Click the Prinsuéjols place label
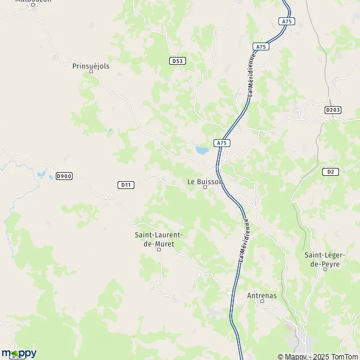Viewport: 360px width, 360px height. click(91, 66)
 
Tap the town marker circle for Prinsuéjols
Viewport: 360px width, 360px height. click(91, 71)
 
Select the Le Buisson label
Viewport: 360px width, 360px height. click(205, 181)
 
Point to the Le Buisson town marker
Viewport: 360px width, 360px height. click(205, 187)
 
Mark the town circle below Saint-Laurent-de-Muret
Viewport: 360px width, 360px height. click(159, 250)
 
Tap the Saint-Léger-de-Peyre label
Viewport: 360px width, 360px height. click(325, 259)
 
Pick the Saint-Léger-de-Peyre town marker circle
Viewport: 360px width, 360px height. click(325, 269)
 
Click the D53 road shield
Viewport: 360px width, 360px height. click(176, 61)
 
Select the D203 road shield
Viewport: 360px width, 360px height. click(332, 110)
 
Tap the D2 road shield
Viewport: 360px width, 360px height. click(330, 172)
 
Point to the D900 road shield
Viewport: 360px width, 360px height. click(64, 176)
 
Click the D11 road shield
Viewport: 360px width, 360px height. click(125, 185)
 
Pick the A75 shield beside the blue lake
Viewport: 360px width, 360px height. click(222, 143)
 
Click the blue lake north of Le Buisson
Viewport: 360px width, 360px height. click(202, 149)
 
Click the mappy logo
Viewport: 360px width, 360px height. click(19, 353)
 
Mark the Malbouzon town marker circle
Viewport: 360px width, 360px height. click(34, 5)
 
